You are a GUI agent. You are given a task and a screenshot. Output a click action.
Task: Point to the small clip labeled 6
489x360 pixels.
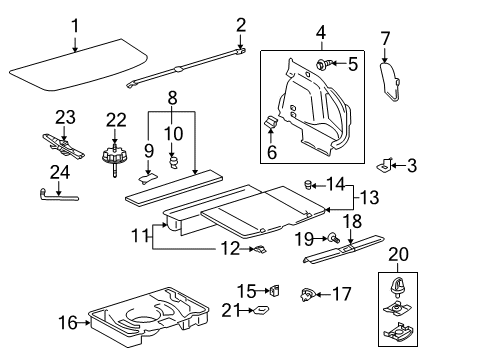(270, 123)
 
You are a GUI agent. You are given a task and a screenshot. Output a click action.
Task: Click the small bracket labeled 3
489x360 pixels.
(389, 162)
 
